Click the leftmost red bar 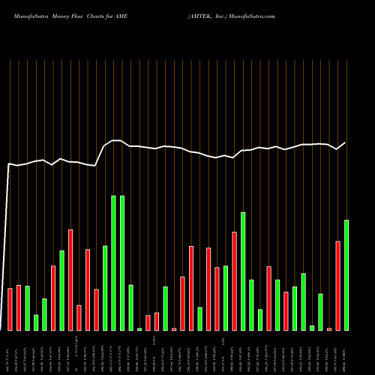[x=10, y=309]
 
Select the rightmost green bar [x=346, y=274]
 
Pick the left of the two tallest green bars [x=113, y=262]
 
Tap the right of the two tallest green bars [x=122, y=262]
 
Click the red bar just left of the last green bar [x=337, y=285]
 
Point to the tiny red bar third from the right [x=329, y=328]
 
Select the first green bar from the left [x=27, y=307]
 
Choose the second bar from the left [x=19, y=307]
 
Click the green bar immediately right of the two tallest [x=130, y=307]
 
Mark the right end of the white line [x=346, y=142]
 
